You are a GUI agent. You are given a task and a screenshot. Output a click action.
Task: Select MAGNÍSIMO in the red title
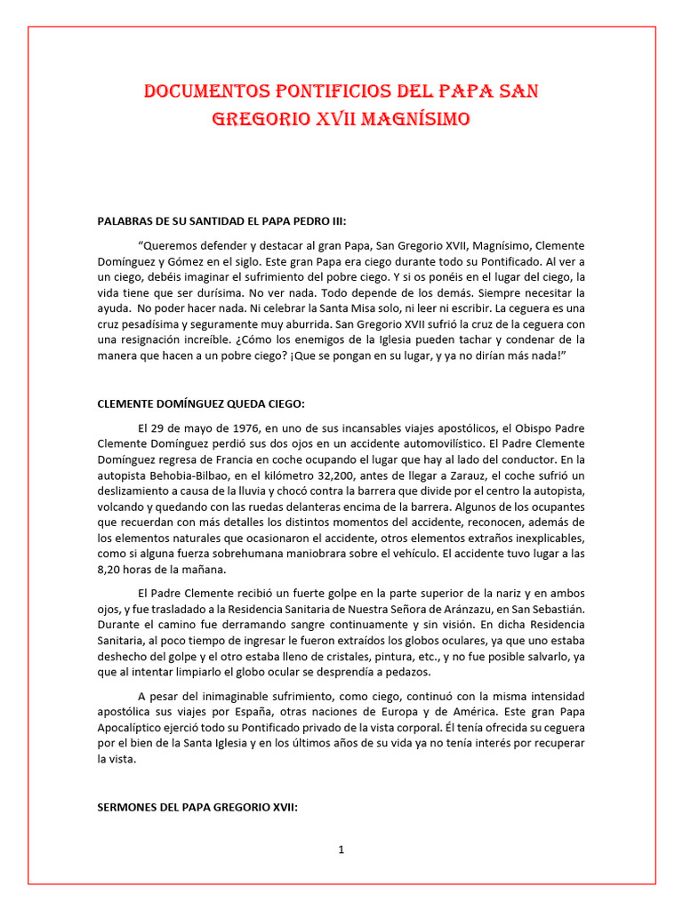point(416,118)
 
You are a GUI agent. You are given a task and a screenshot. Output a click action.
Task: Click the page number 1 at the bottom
point(341,850)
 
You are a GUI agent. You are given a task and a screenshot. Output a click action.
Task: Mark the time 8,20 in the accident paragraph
point(114,570)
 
